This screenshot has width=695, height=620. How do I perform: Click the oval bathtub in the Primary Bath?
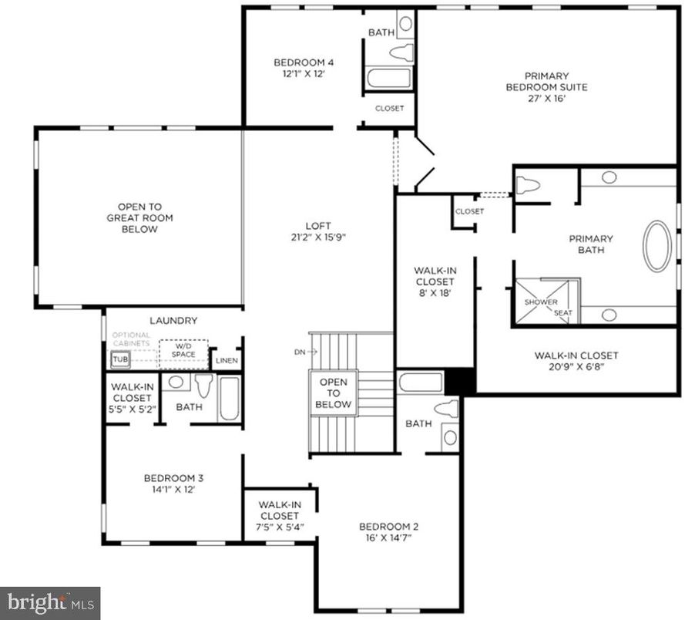tap(657, 246)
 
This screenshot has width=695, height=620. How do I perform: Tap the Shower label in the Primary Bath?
tap(541, 302)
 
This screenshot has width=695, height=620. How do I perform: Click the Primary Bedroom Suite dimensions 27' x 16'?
tap(546, 99)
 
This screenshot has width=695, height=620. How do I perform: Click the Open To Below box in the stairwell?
tap(334, 393)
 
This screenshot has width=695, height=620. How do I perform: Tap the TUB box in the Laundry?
tap(120, 359)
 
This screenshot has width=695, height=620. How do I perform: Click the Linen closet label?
tap(227, 361)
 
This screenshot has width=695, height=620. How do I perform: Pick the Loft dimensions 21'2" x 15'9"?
tap(317, 238)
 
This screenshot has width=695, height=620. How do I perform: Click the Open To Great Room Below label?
tap(139, 217)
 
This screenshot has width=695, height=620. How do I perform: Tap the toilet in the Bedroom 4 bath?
tap(401, 53)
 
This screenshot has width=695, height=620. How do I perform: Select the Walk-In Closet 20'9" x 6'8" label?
tap(576, 361)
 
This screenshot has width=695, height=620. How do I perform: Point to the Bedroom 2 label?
tap(389, 527)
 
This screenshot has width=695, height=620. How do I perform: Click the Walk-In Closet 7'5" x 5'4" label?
tap(279, 516)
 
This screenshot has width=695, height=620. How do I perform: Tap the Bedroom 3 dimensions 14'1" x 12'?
tap(173, 489)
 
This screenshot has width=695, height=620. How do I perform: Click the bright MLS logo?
tap(50, 601)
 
